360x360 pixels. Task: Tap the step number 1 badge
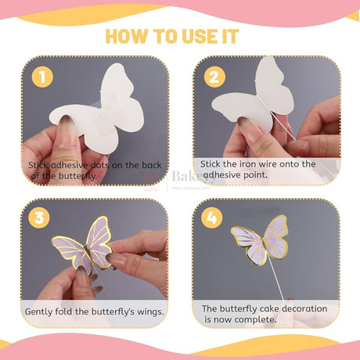[42, 77]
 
